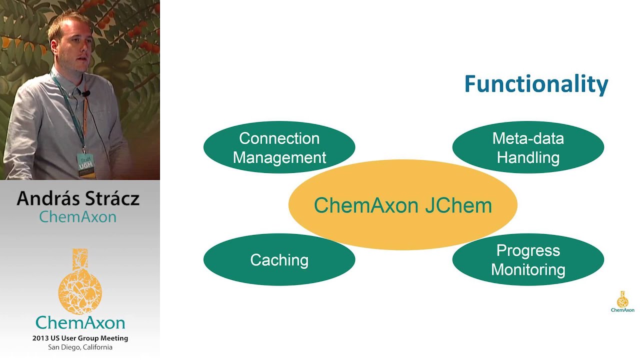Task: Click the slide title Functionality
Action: (536, 84)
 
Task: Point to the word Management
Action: (279, 157)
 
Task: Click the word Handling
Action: (528, 157)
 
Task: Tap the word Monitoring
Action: (528, 269)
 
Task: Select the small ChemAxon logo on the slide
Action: (622, 301)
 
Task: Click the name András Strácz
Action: (78, 198)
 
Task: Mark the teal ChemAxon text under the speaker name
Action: (78, 217)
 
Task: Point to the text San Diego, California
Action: (80, 347)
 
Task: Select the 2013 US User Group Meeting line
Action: (80, 338)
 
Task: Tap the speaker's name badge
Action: (85, 164)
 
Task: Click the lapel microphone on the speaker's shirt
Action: (86, 93)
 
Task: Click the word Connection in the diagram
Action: (279, 138)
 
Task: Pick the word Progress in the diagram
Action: (528, 250)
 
